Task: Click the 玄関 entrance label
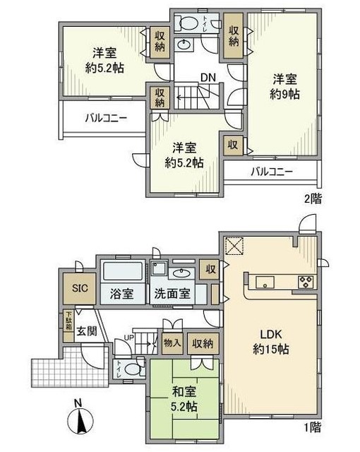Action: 86,331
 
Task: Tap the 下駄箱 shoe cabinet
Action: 69,323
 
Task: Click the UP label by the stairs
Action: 128,338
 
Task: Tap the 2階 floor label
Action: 312,198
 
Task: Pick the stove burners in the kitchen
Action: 306,282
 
